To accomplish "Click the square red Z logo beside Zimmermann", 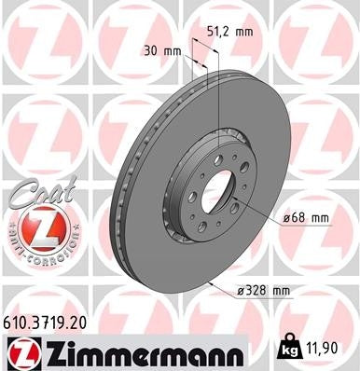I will tap(20, 354).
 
